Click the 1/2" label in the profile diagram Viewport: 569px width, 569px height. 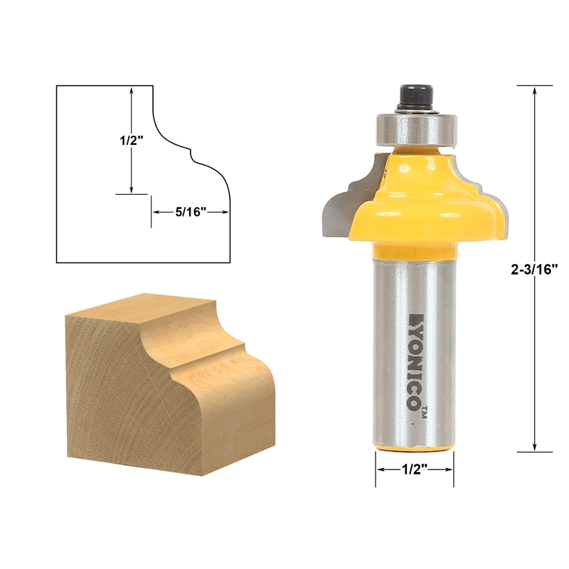(x=132, y=141)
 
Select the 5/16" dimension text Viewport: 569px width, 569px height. (x=190, y=211)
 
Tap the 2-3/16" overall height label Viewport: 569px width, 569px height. (x=536, y=269)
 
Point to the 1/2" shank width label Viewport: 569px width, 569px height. (x=415, y=470)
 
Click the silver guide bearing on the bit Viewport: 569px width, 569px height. (x=413, y=128)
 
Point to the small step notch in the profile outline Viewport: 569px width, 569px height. (x=191, y=151)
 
